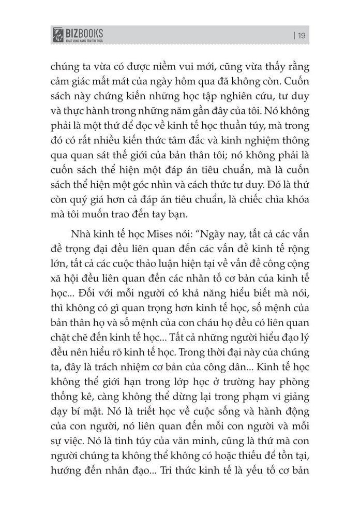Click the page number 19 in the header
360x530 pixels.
click(x=302, y=35)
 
